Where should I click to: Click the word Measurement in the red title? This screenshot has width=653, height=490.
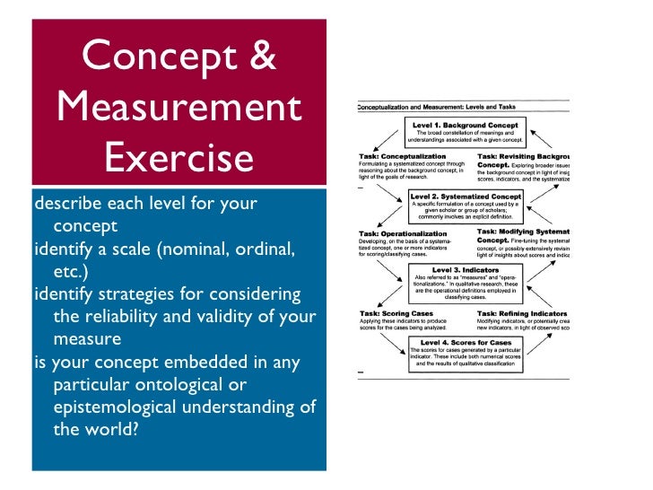(179, 108)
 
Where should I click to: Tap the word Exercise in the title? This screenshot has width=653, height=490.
(179, 159)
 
